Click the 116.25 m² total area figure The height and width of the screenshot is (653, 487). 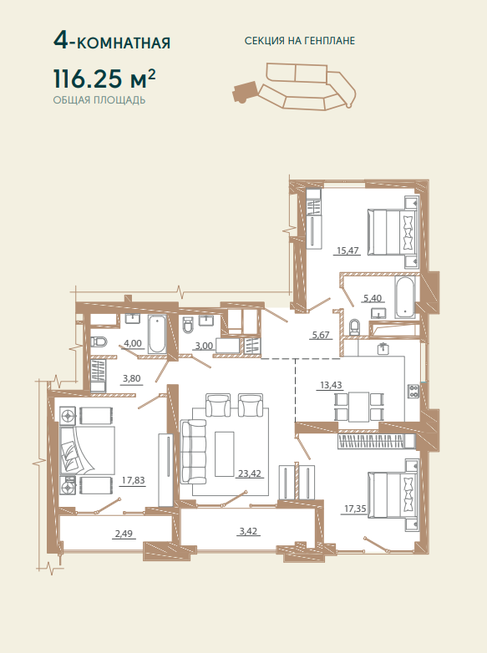tap(104, 79)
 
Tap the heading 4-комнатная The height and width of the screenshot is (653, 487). tap(112, 42)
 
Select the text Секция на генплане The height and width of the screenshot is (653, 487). tap(300, 41)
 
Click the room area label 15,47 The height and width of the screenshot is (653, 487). tap(347, 251)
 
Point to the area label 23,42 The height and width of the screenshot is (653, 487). tap(250, 473)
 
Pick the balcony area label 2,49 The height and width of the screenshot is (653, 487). tap(124, 534)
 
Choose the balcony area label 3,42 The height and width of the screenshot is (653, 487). tap(248, 531)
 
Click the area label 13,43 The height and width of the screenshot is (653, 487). tap(331, 385)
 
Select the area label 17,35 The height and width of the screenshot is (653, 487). tap(355, 509)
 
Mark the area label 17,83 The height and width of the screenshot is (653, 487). tap(134, 480)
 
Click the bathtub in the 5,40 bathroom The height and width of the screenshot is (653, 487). tap(405, 297)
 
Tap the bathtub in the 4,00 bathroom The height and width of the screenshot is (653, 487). tap(158, 334)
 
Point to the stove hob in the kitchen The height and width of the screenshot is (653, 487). tap(413, 391)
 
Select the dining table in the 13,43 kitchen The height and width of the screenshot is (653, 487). tap(358, 407)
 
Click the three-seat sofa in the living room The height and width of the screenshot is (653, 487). tap(193, 452)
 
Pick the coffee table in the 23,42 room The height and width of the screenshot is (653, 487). tap(225, 454)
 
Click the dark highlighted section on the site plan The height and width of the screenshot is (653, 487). tap(245, 91)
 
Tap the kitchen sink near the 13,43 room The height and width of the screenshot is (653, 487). tap(383, 348)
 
